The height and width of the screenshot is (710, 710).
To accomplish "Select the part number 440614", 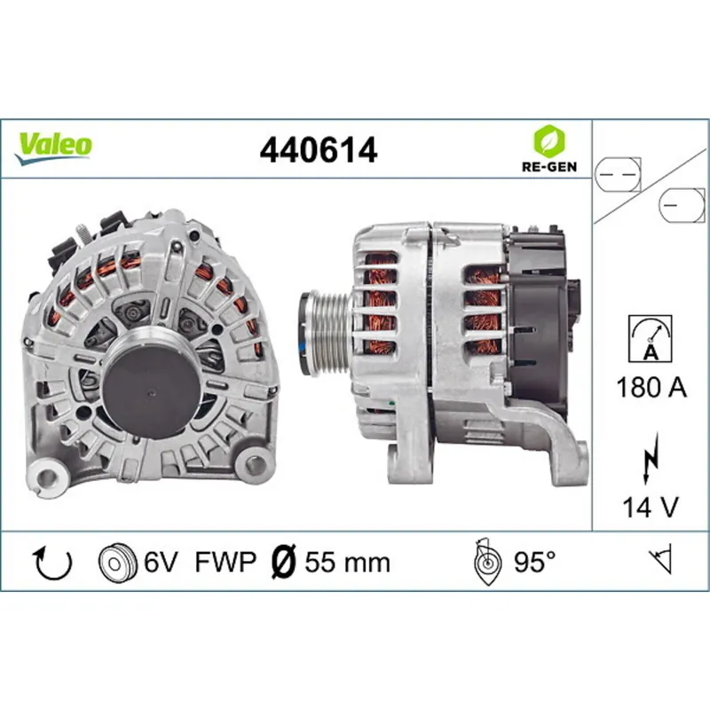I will [x=318, y=150].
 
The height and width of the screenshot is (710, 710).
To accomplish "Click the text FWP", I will [x=225, y=562].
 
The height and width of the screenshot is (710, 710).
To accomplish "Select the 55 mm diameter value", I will [x=347, y=562].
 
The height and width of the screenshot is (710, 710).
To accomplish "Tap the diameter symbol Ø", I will [x=283, y=562].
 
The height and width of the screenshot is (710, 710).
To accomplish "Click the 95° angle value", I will [x=535, y=562].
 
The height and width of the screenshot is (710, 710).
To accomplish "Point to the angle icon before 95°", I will [x=485, y=562].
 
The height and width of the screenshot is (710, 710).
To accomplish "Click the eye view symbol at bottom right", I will [x=660, y=561].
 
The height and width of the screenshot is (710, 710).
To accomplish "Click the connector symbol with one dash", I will [x=678, y=206].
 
